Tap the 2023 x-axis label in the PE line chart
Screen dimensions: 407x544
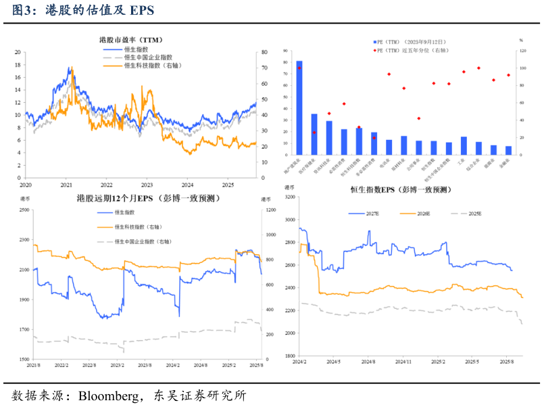click(147, 184)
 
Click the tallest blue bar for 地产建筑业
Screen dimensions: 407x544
click(299, 108)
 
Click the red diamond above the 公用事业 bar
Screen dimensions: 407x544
click(419, 118)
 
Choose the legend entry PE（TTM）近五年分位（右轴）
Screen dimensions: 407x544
click(411, 50)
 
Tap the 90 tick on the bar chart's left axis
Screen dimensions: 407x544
click(287, 51)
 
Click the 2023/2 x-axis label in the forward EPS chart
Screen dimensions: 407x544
click(117, 364)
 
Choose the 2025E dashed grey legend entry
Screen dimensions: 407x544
click(474, 213)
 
